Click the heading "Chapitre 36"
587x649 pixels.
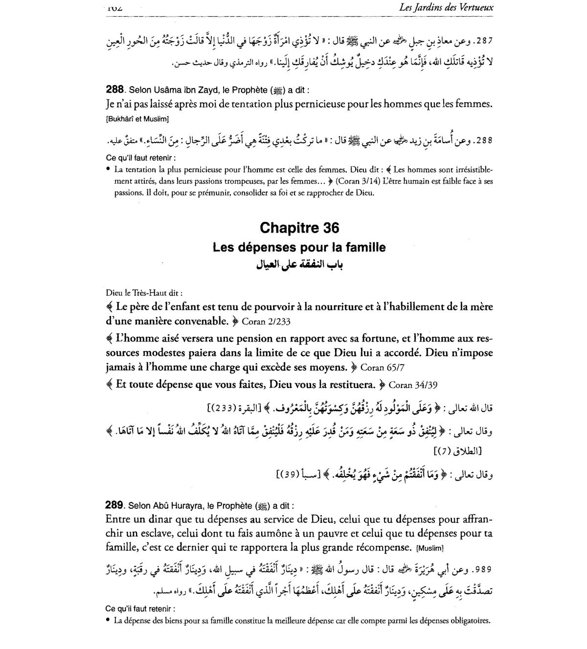[299, 228]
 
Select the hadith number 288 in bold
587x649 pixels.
[114, 89]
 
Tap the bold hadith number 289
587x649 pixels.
[114, 506]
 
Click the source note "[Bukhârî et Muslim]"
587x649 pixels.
[137, 119]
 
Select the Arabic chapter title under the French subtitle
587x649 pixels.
[299, 264]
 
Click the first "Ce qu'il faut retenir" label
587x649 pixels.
[140, 158]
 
